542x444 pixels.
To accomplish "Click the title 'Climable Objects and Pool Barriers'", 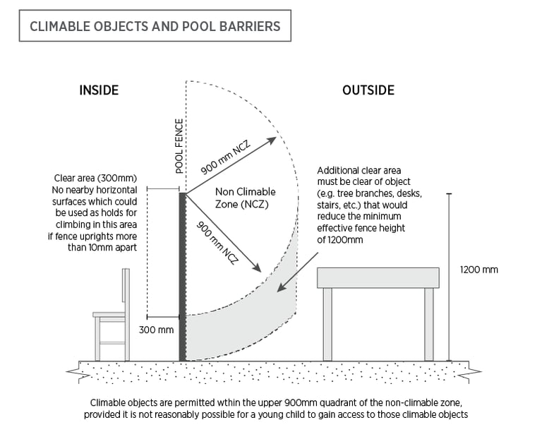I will coord(155,27).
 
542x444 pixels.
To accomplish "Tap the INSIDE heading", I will coord(99,90).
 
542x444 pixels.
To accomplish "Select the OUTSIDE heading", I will coord(368,90).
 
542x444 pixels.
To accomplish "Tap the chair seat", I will coord(109,315).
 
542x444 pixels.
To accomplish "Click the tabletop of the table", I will coord(378,278).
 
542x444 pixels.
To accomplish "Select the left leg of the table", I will coord(327,324).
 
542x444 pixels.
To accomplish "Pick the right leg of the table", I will coord(429,324).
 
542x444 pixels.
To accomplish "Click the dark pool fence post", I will coord(182,275).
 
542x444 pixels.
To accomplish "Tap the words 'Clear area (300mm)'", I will coord(95,178).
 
